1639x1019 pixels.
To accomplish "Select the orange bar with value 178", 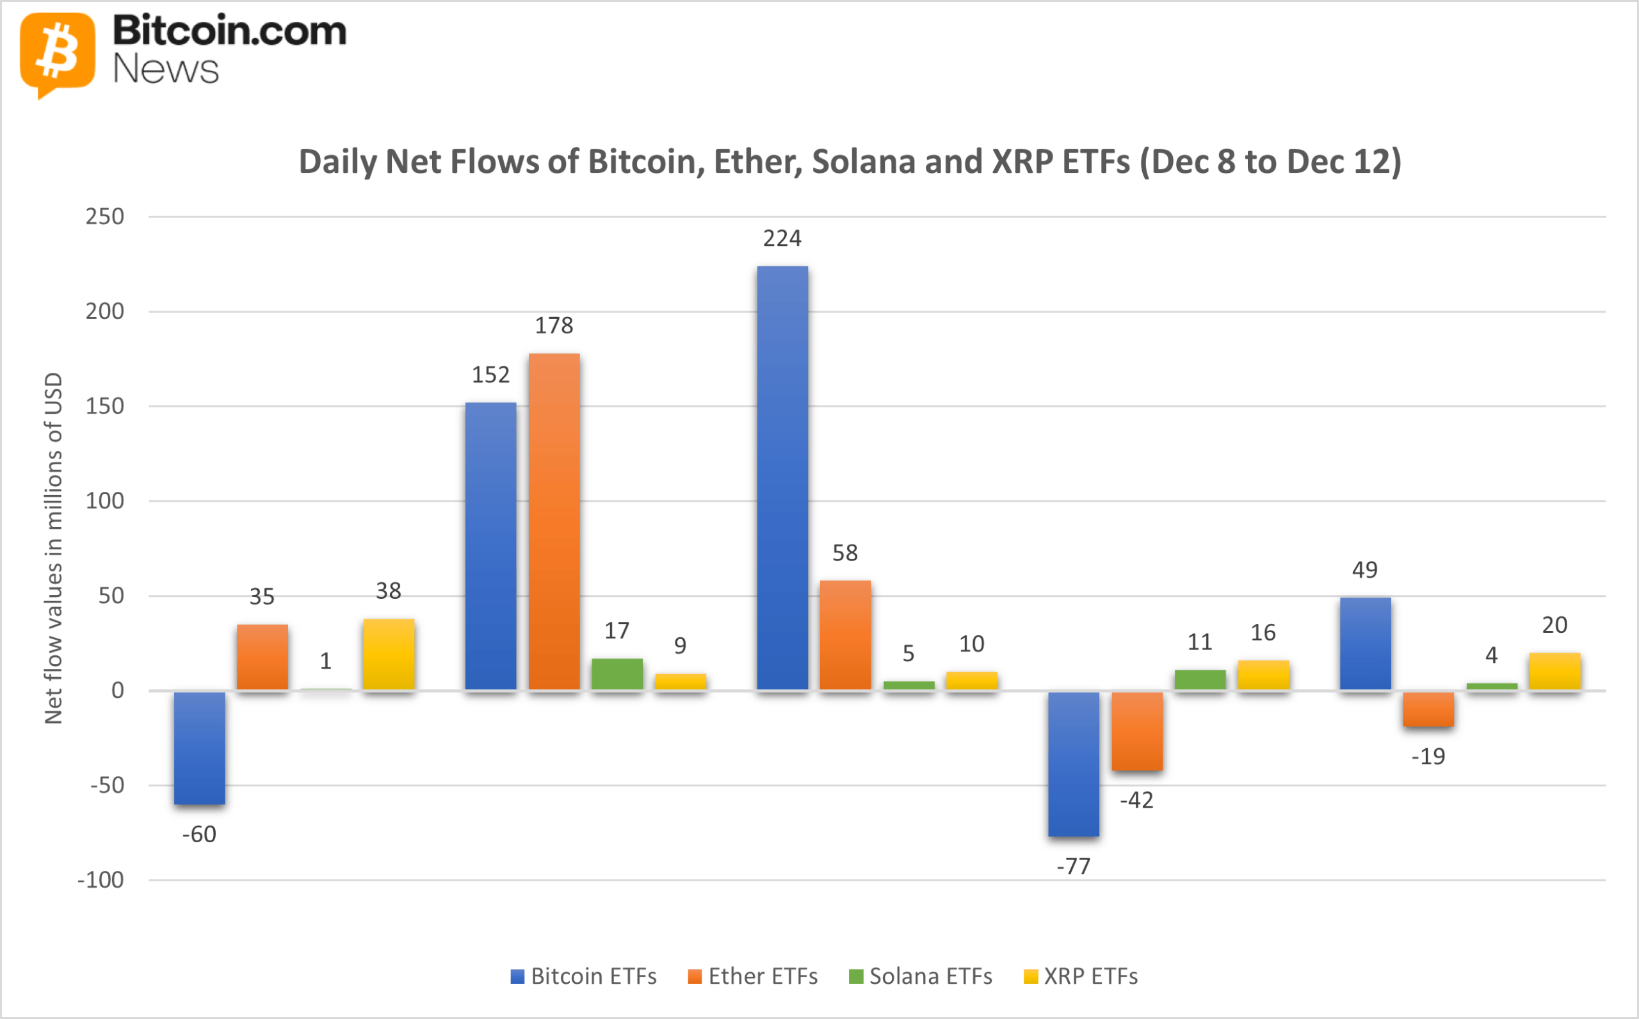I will point(554,521).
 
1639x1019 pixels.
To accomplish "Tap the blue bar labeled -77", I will point(1073,763).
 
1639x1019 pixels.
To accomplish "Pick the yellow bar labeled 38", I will point(389,654).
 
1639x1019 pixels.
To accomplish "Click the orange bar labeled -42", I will point(1136,731).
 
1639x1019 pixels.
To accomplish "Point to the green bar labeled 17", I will point(617,674).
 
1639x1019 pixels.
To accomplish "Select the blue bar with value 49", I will point(1365,644).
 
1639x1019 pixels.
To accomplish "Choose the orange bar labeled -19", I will point(1428,709).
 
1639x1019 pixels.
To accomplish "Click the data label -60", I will point(198,835).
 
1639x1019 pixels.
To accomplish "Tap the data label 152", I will point(490,375).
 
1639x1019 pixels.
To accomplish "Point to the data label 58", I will point(844,553).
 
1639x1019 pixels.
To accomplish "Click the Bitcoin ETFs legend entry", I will point(583,976).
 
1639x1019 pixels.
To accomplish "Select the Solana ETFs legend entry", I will point(921,976).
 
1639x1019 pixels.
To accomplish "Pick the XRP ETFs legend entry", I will point(1081,976).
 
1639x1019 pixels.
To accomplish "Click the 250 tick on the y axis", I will point(104,216).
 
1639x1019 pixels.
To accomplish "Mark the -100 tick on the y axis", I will point(101,880).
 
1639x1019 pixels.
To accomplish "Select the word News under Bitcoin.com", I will point(166,69).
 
